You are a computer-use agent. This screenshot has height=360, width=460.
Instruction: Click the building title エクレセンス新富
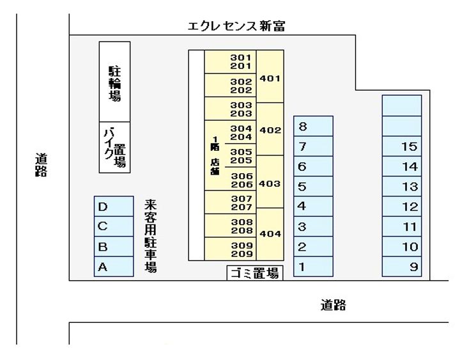tap(236, 26)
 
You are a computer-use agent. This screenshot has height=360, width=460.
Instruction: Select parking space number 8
tap(313, 126)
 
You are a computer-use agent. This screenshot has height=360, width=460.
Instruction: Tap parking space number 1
tap(313, 267)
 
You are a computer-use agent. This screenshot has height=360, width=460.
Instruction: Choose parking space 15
tap(402, 146)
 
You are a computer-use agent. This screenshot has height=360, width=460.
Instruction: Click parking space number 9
tap(402, 267)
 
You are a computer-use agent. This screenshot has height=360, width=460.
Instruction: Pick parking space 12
tap(402, 207)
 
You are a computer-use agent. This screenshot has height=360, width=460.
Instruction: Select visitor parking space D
tap(113, 207)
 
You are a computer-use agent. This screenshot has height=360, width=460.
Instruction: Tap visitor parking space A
tap(113, 267)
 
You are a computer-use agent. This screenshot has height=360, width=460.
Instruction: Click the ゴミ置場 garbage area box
tap(255, 274)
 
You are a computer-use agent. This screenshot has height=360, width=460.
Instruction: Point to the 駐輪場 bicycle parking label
tap(114, 82)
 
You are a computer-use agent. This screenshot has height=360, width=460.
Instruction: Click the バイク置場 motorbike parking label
tap(114, 148)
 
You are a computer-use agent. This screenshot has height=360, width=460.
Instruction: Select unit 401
tap(270, 78)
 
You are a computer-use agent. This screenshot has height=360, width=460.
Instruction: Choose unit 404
tap(270, 233)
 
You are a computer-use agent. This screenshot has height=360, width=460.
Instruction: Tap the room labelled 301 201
tap(240, 61)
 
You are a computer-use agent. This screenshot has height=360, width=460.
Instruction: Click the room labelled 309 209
tap(240, 249)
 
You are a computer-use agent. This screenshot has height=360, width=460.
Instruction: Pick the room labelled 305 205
tap(240, 156)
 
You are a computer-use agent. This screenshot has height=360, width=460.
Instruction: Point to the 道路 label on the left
tap(42, 165)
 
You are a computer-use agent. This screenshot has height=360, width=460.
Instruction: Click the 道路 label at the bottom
tap(333, 306)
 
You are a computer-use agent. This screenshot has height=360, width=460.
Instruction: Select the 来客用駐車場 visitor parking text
tap(151, 236)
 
